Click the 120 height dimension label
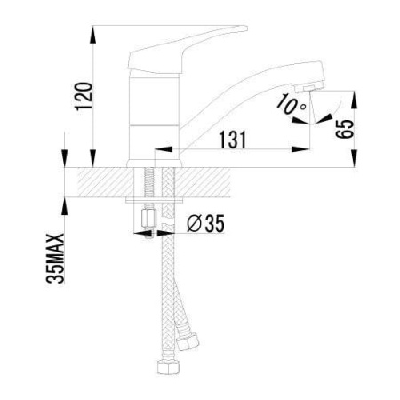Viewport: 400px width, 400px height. (x=84, y=96)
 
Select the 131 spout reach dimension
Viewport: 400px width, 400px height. (x=233, y=140)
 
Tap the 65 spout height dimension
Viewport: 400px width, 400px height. (x=345, y=129)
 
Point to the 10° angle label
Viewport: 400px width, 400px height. (x=291, y=104)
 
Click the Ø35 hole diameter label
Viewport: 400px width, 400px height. (x=205, y=223)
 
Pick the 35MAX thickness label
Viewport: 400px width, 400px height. (x=55, y=259)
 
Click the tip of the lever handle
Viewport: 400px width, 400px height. (x=245, y=28)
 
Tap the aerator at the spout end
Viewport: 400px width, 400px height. (x=309, y=87)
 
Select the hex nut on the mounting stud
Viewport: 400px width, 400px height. (x=148, y=219)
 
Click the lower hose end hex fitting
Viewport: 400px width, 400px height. (x=168, y=367)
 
